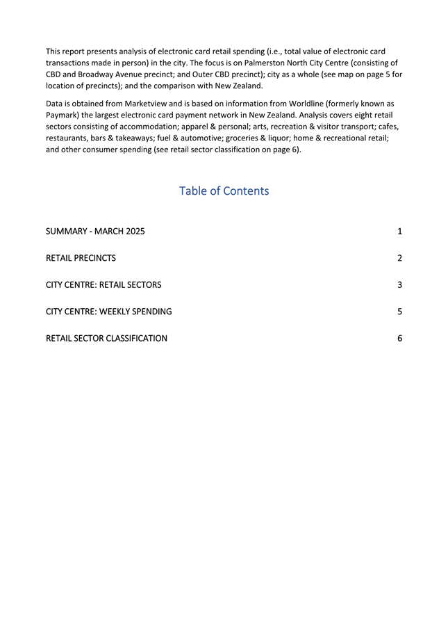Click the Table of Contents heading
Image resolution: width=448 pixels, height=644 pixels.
224,191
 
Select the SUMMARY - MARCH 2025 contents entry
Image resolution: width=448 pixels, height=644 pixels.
95,231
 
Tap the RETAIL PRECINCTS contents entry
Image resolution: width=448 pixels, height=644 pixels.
81,258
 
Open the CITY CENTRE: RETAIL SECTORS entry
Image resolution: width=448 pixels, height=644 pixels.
103,285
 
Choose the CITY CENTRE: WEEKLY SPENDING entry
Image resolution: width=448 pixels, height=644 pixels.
108,312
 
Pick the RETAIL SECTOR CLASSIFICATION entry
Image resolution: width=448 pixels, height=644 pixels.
106,339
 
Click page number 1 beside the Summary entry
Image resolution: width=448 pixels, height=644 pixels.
400,231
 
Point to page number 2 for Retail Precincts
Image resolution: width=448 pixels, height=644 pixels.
400,258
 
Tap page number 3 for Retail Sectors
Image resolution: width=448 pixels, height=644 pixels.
400,285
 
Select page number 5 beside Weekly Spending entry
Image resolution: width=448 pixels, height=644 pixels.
400,312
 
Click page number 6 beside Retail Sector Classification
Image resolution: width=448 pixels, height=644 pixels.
400,339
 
